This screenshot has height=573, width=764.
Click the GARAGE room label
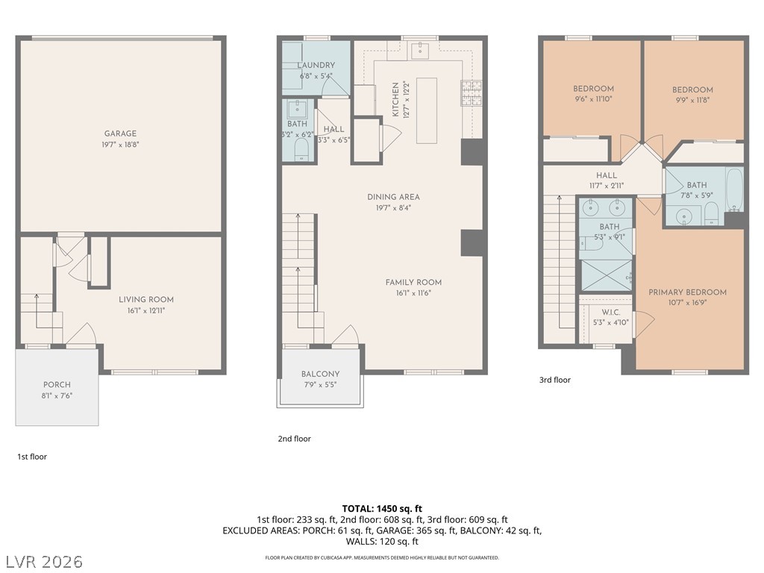point(120,134)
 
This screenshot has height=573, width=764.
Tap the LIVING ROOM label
point(146,300)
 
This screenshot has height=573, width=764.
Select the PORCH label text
point(57,385)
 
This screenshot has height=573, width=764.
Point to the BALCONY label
point(320,375)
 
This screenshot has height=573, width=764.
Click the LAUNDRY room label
point(316,66)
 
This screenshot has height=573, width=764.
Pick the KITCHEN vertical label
point(396,100)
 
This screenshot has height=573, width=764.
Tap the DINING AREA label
point(393,197)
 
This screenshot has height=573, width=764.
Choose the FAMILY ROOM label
point(413,282)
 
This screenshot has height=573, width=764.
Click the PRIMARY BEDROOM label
point(687,292)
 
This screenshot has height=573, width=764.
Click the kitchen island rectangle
point(427,110)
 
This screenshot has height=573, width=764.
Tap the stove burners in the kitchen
point(471,93)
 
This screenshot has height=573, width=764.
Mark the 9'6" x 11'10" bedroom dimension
point(593,98)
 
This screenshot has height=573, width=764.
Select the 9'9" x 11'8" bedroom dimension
point(692,99)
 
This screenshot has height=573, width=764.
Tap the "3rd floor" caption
point(554,380)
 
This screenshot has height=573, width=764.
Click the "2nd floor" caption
point(294,439)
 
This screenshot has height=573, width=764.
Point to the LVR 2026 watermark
point(44,560)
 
